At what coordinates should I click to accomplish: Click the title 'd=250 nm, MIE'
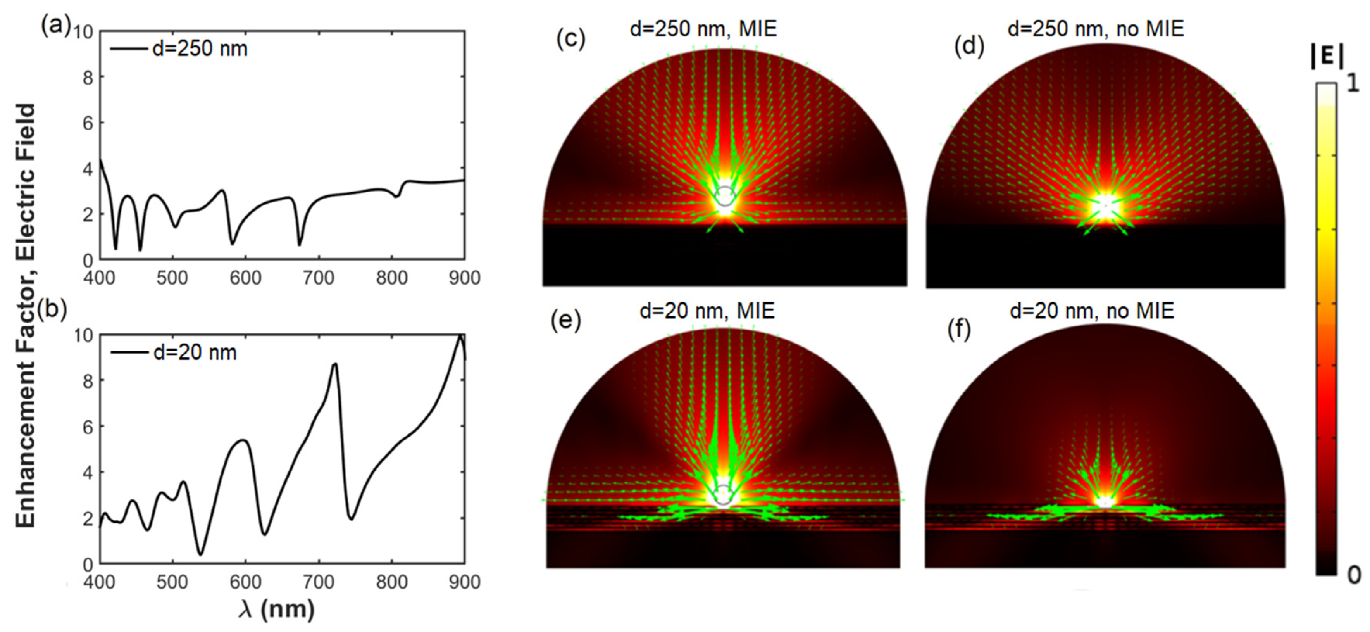click(x=703, y=28)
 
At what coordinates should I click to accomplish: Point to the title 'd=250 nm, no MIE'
click(x=1096, y=28)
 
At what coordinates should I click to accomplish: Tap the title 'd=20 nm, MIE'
click(x=707, y=310)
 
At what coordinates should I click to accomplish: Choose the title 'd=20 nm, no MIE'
click(x=1092, y=310)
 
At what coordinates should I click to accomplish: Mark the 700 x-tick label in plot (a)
click(x=318, y=278)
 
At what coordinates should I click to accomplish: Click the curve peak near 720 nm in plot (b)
click(x=334, y=364)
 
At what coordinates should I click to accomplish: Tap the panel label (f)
click(x=959, y=330)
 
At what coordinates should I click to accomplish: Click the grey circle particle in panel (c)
click(x=725, y=196)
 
